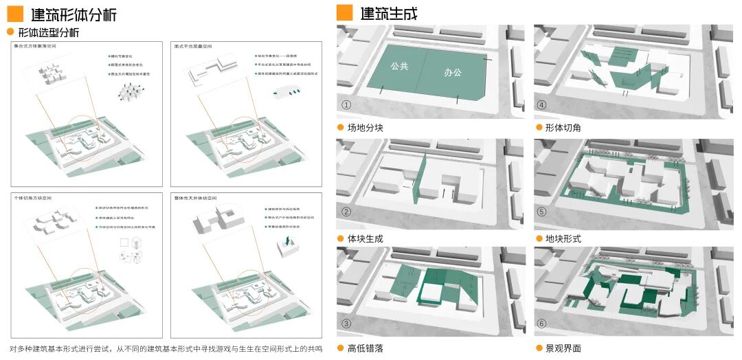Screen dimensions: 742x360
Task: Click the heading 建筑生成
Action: point(388,13)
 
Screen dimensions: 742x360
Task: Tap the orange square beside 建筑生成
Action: point(344,12)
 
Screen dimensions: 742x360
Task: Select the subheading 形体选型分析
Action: point(48,32)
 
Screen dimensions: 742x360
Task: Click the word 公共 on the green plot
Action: point(399,67)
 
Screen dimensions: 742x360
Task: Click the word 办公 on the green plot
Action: point(453,71)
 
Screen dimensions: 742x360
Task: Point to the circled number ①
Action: point(346,105)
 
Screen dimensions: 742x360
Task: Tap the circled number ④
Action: point(542,105)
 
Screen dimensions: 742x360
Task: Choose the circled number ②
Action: point(346,212)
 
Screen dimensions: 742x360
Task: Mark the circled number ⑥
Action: point(542,324)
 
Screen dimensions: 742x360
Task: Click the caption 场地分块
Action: point(365,128)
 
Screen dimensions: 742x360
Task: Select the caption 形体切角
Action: point(563,128)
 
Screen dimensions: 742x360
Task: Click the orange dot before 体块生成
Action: point(340,238)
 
